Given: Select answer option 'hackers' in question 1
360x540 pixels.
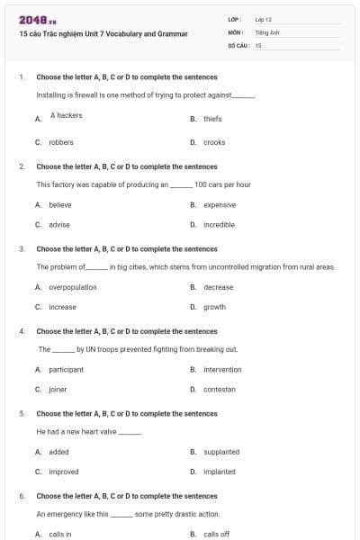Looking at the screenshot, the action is [x=67, y=115].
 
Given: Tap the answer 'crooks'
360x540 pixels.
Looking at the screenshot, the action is [x=214, y=142].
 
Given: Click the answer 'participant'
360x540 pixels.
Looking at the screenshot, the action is [x=66, y=369].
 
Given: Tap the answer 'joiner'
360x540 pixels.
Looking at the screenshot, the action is [x=58, y=390].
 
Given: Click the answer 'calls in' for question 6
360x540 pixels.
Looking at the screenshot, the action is [x=60, y=534].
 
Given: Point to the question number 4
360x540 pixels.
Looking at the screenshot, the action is [x=22, y=331].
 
